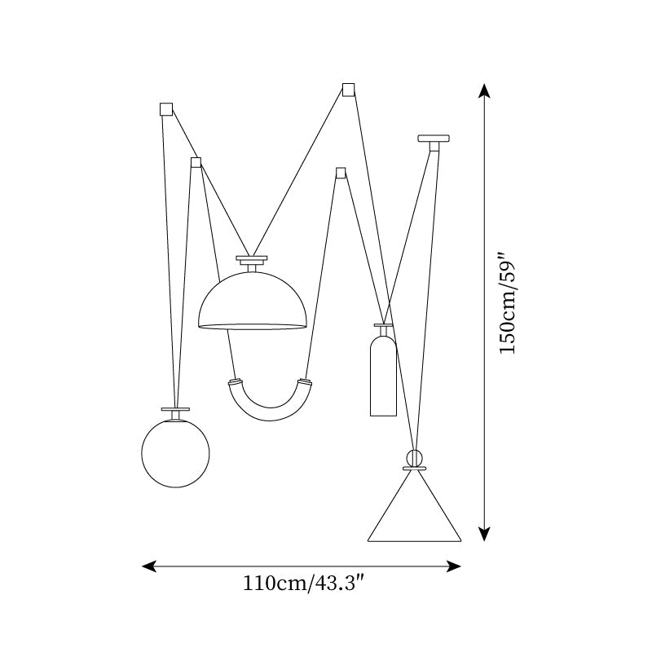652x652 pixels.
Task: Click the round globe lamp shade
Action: point(175,454)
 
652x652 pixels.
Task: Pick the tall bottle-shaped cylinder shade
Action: point(383,375)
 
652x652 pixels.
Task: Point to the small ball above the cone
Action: point(415,457)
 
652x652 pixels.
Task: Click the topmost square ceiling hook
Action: point(349,90)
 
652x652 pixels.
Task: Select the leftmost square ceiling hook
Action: point(166,108)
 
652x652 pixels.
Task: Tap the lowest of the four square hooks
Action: point(341,173)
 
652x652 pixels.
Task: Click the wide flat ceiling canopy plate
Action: point(434,139)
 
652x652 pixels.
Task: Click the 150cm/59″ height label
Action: point(508,302)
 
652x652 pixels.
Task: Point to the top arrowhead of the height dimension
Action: point(484,90)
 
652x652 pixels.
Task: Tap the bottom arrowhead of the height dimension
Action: point(484,534)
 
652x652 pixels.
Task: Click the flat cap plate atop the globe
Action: point(175,409)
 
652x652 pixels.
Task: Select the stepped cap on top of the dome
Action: point(252,260)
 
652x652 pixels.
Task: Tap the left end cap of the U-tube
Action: point(235,381)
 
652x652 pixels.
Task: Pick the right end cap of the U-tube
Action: point(305,381)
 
